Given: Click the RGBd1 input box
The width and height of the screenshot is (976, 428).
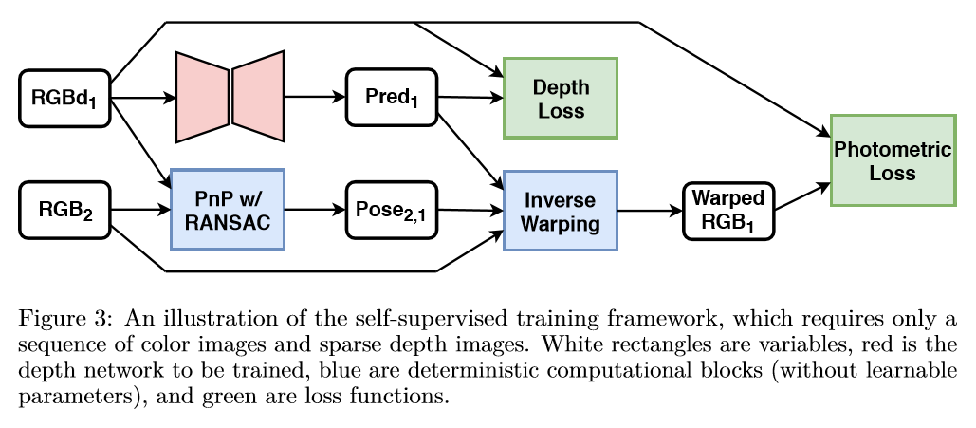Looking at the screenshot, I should click(64, 98).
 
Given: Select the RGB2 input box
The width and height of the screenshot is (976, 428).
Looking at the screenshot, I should click(64, 210).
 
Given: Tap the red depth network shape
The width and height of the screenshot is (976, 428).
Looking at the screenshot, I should click(230, 96).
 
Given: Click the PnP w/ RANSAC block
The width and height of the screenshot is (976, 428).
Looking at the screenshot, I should click(227, 210).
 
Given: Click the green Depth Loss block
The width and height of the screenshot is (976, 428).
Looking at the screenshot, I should click(560, 98).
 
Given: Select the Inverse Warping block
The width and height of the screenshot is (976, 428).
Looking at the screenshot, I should click(560, 210).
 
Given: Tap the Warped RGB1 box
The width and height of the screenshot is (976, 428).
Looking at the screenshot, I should click(728, 210).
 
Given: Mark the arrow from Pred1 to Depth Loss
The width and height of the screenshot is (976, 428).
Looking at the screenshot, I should click(469, 98).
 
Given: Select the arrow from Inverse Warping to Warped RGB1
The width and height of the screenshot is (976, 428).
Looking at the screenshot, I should click(649, 210).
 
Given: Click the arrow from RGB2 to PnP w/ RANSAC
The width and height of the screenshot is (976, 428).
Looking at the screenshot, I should click(139, 210).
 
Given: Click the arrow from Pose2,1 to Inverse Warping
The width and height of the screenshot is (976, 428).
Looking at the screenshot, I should click(469, 210).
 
